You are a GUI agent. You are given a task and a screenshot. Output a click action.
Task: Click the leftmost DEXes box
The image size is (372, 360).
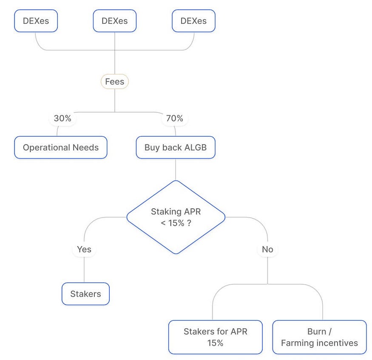[x=36, y=21]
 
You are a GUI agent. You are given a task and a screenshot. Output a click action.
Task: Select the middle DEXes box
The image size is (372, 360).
[x=114, y=21]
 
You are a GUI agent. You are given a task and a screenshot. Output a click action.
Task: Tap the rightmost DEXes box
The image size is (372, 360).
[x=193, y=21]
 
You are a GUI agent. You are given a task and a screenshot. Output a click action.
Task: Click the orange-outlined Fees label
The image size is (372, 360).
[x=114, y=82]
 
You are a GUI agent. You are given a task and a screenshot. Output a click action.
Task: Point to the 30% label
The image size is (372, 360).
[x=62, y=119]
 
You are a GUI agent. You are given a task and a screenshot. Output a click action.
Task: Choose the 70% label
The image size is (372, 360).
[x=174, y=119]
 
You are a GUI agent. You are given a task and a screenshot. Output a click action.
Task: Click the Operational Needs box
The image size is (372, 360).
[x=60, y=147]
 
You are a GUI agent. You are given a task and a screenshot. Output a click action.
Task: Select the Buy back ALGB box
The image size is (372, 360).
[x=175, y=147]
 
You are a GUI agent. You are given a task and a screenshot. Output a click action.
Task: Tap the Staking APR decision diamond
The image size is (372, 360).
[x=176, y=217]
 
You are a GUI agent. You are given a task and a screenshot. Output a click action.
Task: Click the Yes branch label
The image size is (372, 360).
[x=84, y=249]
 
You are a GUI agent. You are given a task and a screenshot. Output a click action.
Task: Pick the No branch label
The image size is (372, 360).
[x=267, y=249]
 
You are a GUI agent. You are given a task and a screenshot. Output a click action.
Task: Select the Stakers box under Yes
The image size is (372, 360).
[x=85, y=294]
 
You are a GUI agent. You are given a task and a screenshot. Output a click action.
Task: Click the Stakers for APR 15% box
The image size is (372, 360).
[x=215, y=337]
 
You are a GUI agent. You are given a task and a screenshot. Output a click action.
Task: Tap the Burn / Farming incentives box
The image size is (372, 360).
[x=319, y=337]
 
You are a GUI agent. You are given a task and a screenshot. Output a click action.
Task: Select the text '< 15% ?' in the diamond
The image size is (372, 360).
[x=176, y=223]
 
